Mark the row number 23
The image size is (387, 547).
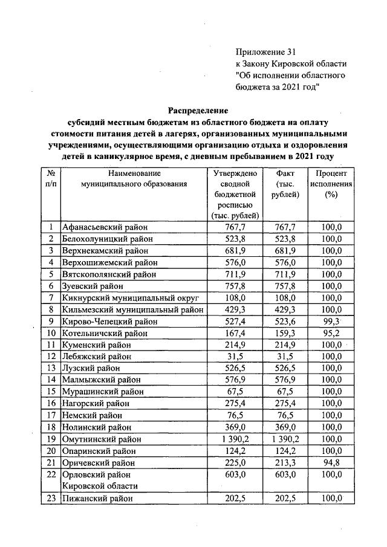coord(51,499)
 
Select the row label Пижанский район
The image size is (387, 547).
coord(97,499)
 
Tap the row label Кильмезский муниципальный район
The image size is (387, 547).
coord(132,309)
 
